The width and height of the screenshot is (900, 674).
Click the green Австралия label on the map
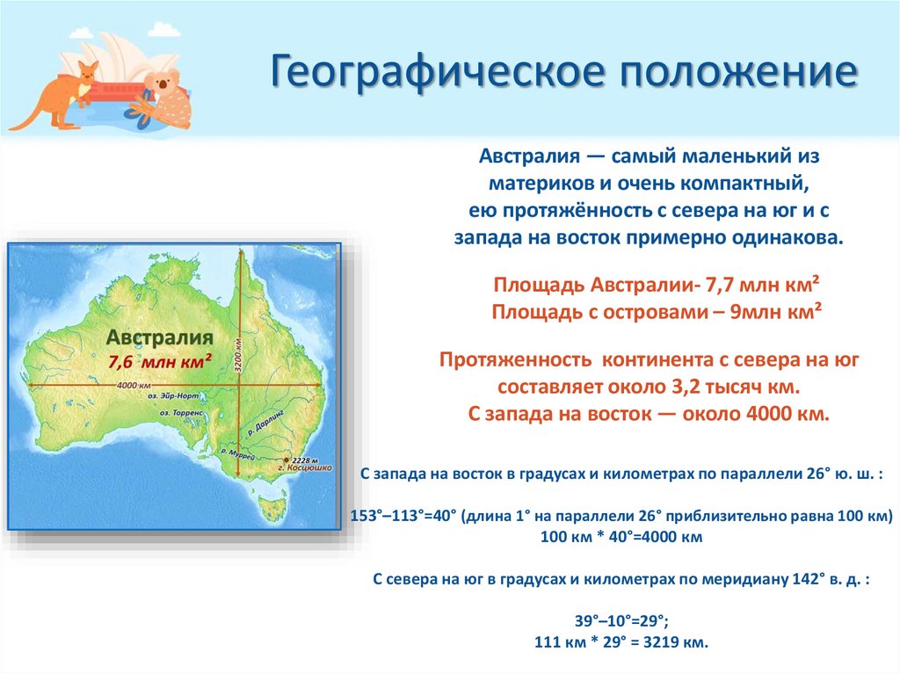[159, 337]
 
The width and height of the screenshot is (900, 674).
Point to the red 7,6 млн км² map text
[160, 360]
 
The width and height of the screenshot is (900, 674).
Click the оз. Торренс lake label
[181, 411]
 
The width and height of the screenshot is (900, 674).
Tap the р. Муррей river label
[238, 457]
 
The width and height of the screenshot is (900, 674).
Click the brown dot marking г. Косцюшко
[285, 460]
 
